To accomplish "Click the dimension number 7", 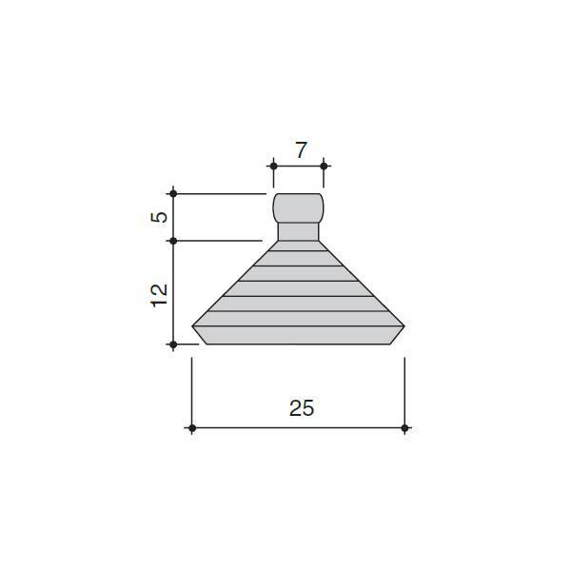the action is (x=301, y=150).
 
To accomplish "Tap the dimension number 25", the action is (x=302, y=408).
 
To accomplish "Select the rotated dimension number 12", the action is (x=159, y=295).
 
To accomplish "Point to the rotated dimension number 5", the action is (x=159, y=217).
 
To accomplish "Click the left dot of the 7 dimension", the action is (x=273, y=167).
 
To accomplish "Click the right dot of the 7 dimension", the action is (x=324, y=167).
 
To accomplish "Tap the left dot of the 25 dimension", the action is (x=192, y=428).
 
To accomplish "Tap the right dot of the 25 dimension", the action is (x=404, y=428).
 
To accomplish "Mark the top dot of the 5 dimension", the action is (x=173, y=194).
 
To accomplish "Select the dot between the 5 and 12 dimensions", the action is (x=173, y=241).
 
